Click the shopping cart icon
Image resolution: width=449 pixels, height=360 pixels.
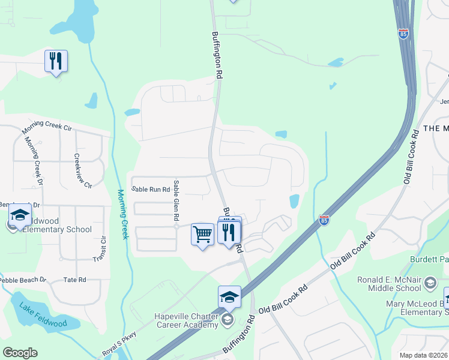(202, 235)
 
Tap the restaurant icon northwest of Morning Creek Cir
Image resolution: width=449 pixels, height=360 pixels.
(56, 61)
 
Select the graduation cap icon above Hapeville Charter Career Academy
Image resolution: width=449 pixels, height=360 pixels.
(229, 297)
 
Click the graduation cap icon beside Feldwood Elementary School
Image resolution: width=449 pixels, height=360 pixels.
(20, 215)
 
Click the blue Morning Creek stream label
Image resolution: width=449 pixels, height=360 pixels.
(123, 214)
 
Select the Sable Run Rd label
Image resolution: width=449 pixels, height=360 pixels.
(151, 189)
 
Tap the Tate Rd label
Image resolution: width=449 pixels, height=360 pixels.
(74, 280)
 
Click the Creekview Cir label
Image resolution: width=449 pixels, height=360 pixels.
(82, 170)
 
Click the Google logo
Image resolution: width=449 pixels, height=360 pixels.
(20, 353)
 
